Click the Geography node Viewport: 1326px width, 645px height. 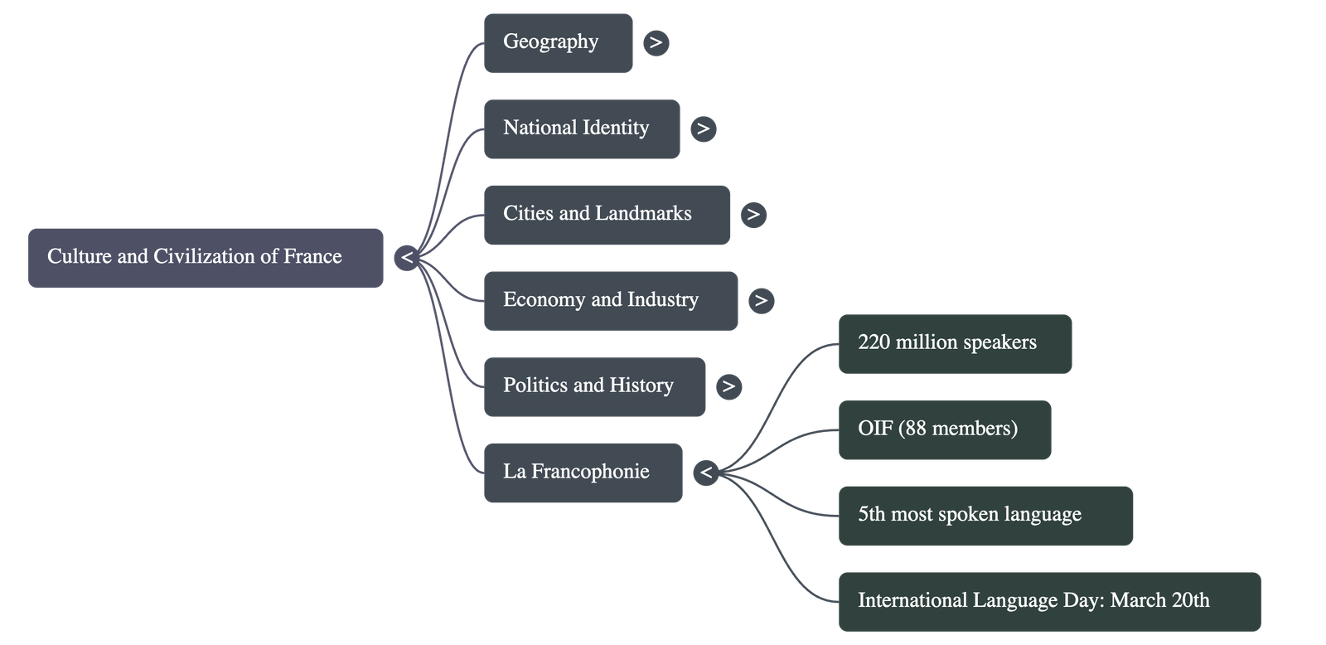[x=557, y=42]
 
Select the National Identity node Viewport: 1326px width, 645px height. [x=581, y=129]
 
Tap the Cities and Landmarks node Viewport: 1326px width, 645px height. [x=606, y=214]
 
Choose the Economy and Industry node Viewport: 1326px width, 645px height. [x=610, y=300]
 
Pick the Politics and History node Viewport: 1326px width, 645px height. [x=594, y=386]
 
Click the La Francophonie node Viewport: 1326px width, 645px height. [x=583, y=473]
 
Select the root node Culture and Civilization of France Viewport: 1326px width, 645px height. [x=205, y=257]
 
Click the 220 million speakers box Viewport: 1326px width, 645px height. [x=955, y=343]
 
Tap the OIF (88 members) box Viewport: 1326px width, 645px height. [x=944, y=429]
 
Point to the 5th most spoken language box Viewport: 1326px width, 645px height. [x=985, y=515]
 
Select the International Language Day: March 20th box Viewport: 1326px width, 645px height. [x=1048, y=601]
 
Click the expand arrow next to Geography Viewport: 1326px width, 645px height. [x=656, y=42]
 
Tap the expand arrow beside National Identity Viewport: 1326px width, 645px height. [x=703, y=129]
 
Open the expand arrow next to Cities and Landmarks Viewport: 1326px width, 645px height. [x=753, y=214]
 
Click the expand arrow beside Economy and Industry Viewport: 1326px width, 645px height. [x=761, y=300]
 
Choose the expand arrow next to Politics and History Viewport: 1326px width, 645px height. [x=728, y=386]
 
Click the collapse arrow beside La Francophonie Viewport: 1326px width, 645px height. [x=706, y=473]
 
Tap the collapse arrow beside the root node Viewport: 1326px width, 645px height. [x=406, y=257]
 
